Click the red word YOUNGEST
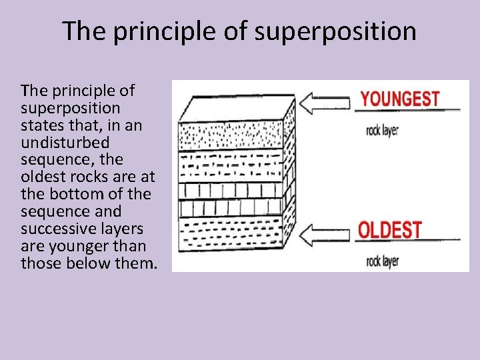(x=400, y=99)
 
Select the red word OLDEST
(x=390, y=230)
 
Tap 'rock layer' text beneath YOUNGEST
(x=382, y=131)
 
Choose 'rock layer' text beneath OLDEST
(x=382, y=261)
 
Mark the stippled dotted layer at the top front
(x=230, y=136)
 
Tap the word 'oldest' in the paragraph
(x=41, y=177)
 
